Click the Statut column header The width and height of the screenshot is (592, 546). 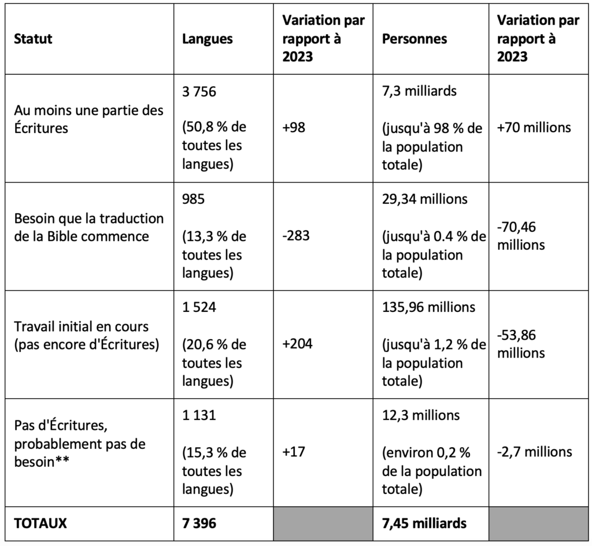tap(33, 39)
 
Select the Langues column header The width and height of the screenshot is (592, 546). tap(208, 39)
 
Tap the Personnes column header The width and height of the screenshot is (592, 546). tap(415, 39)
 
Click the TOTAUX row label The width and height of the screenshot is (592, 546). tap(40, 523)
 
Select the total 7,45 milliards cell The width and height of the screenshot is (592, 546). tap(424, 523)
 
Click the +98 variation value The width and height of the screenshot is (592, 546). tap(294, 127)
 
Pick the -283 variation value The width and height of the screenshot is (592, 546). tap(296, 236)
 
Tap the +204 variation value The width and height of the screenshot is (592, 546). tap(297, 344)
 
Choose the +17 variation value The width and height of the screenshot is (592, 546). tap(294, 451)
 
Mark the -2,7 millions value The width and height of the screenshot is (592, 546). tap(535, 451)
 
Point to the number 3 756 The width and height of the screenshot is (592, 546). tap(199, 91)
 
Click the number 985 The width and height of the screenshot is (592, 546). tap(193, 199)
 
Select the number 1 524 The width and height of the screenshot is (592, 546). tap(199, 307)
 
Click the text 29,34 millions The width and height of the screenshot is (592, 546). tap(425, 199)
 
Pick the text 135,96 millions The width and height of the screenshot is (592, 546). tap(428, 307)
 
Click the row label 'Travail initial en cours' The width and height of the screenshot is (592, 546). tap(81, 326)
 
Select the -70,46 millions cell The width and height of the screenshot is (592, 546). tap(521, 236)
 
